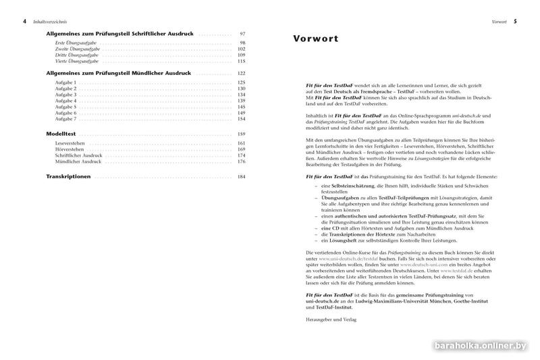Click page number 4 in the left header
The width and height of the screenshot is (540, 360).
coord(25,22)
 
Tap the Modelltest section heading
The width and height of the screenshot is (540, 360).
coord(64,134)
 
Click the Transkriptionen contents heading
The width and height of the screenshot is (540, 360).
coord(70,176)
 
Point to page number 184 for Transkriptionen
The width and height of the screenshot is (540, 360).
coord(241,176)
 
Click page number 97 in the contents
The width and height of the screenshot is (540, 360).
coord(242,34)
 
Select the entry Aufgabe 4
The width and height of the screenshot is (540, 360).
coord(65,101)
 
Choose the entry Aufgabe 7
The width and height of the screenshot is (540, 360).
coord(65,119)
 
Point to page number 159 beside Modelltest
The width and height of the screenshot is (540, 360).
coord(241,134)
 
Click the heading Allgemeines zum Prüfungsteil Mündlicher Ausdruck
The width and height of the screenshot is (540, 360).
coord(118,73)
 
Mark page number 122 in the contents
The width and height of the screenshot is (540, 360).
coord(241,73)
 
